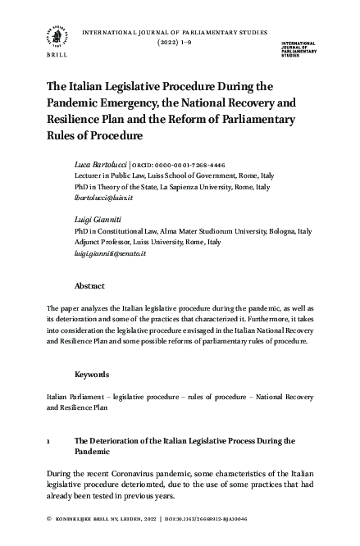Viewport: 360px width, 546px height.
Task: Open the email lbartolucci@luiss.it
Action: (103, 199)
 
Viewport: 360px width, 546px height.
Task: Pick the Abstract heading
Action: (89, 287)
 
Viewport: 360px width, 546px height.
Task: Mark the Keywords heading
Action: (91, 374)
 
